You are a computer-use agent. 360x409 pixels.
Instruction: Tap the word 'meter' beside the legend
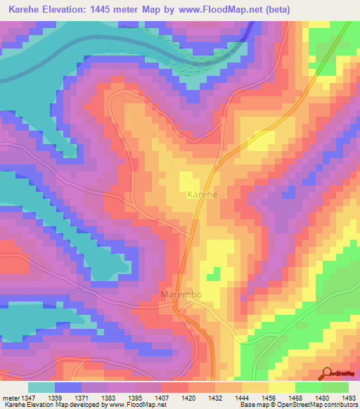(9, 398)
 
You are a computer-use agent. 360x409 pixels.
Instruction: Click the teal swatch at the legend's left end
(41, 387)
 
